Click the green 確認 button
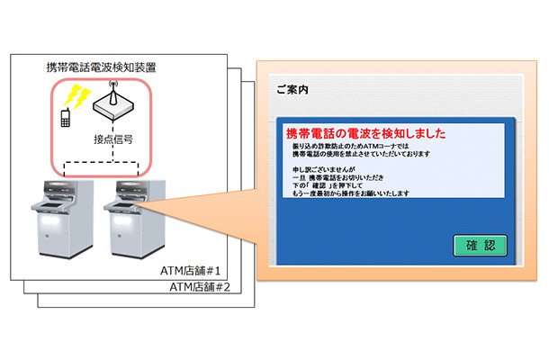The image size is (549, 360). click(480, 245)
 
